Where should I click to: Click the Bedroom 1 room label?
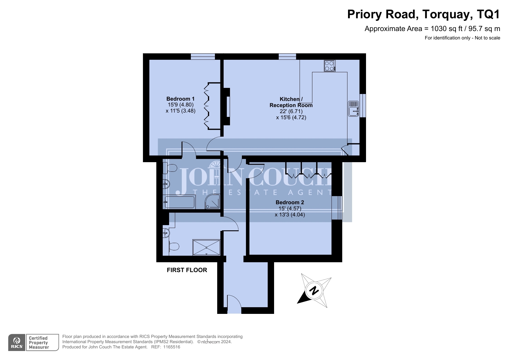[x=180, y=99]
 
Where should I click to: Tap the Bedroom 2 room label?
[x=290, y=202]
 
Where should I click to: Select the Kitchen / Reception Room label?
[x=291, y=102]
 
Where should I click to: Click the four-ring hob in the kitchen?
[x=330, y=66]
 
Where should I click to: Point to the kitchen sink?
[x=354, y=108]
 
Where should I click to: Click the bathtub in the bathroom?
[x=179, y=202]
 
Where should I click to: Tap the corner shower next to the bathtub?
[x=213, y=202]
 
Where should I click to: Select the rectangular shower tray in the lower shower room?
[x=207, y=247]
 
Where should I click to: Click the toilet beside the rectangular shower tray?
[x=173, y=247]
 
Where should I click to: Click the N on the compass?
[x=314, y=290]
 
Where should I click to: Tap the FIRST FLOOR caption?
[x=187, y=270]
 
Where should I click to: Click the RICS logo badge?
[x=17, y=343]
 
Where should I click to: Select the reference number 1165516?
[x=172, y=347]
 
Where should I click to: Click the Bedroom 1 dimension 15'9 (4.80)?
[x=180, y=105]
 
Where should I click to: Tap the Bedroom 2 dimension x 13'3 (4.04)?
[x=290, y=215]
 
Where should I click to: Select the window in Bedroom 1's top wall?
[x=203, y=57]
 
